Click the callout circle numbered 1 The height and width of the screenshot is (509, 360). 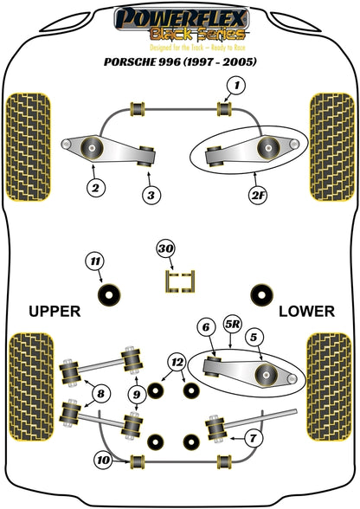tap(236, 86)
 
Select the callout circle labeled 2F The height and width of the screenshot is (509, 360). tap(258, 196)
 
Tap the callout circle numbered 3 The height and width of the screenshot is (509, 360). tap(151, 196)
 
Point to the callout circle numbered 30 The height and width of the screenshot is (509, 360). tap(166, 249)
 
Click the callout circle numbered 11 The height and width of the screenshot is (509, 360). tap(95, 261)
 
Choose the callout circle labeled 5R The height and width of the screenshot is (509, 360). tap(233, 325)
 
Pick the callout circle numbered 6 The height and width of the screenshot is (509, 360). tap(207, 327)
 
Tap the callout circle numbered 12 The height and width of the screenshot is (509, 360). tap(177, 362)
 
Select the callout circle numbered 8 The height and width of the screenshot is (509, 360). tap(101, 394)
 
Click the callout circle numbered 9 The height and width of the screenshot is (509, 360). tap(137, 395)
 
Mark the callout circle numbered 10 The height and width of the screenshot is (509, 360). tap(104, 460)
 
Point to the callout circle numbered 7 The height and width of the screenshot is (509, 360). tap(252, 438)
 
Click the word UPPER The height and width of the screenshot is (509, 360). tap(55, 312)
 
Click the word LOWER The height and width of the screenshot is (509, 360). tap(306, 312)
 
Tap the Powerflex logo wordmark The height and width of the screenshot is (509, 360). tap(182, 19)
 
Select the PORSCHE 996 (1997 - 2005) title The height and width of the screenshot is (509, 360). tap(180, 61)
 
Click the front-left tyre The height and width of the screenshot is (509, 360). tap(29, 147)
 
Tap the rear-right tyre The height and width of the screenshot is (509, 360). tap(329, 386)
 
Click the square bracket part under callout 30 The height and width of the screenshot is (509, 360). tap(180, 281)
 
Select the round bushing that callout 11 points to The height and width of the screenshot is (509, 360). tap(109, 294)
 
